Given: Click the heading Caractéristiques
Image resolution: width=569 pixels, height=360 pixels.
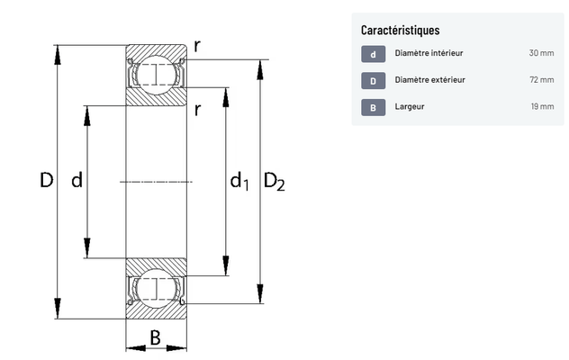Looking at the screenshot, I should coord(400,31).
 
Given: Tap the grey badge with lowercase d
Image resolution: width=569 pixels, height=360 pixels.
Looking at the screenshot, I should coord(373,54).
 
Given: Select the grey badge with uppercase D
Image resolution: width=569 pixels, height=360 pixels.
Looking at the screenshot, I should coord(373,81).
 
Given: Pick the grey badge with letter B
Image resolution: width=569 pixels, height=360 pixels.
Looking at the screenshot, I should coord(373,108).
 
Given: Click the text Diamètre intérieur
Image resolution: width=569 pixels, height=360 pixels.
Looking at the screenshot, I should coord(429,53).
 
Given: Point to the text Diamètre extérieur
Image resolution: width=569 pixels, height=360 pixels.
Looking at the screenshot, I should coord(429,80).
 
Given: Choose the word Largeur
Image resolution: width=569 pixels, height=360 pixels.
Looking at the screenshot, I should coord(410,107).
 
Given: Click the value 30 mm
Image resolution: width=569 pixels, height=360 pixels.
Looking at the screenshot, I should coord(541,53).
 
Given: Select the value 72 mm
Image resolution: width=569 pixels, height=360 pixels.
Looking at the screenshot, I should coord(541,80).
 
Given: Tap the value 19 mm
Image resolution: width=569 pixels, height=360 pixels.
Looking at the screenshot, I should coord(542,107).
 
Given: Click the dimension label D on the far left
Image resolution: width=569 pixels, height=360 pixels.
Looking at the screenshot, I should coord(47,181).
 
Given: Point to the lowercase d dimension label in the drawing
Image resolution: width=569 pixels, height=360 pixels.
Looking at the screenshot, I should coord(77,181).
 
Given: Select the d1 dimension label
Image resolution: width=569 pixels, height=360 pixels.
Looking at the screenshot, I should coord(239,183).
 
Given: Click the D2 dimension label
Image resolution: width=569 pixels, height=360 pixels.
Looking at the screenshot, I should coord(274,183).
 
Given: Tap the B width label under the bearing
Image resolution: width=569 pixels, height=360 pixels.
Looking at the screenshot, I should coord(155,338).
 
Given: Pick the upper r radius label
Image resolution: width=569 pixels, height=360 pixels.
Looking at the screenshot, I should coord(196,45).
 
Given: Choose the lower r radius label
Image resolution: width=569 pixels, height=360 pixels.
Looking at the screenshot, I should coord(196,110).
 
